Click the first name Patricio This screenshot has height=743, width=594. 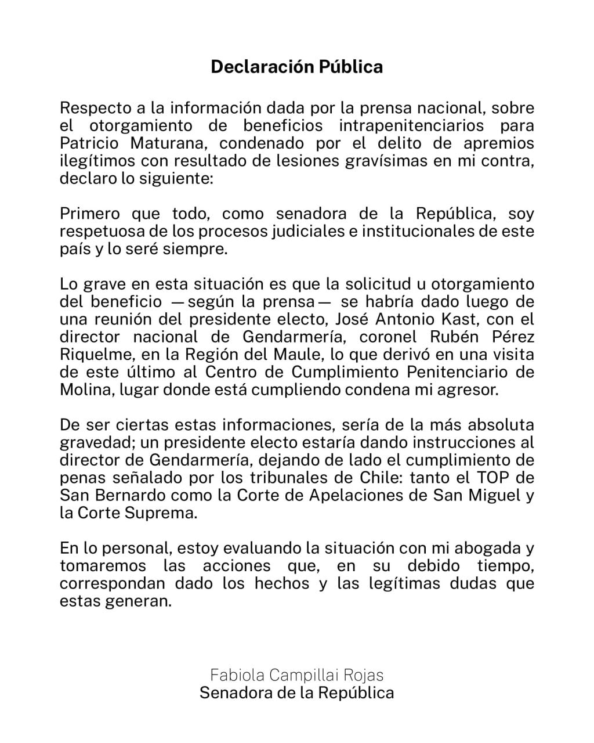86,143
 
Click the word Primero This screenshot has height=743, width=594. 90,214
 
